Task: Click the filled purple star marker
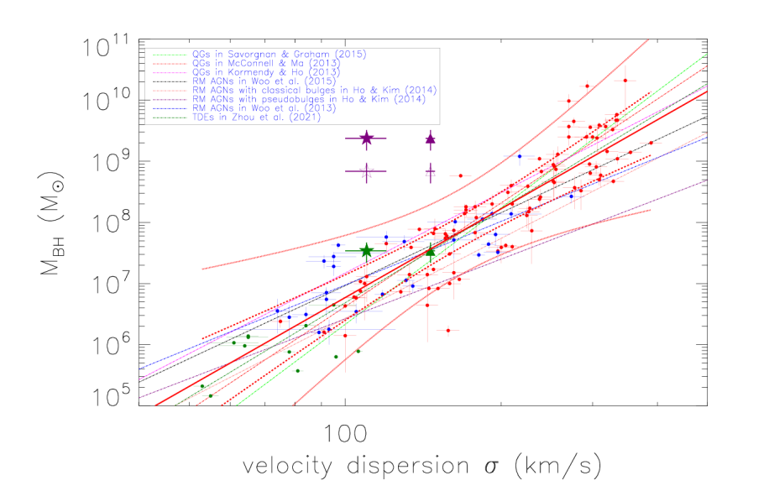366,138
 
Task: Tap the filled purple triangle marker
431,139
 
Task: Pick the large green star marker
366,250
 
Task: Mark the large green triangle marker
431,251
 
